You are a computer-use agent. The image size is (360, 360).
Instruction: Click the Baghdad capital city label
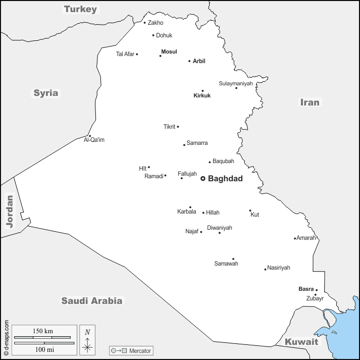click(x=225, y=179)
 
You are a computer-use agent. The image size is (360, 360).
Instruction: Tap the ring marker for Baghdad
click(x=203, y=178)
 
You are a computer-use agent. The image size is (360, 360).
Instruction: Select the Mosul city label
click(x=169, y=52)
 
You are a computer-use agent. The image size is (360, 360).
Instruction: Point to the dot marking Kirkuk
click(x=202, y=91)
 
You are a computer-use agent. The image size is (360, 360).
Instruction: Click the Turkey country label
click(x=80, y=9)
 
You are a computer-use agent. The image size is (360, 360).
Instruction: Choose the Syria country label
click(x=46, y=93)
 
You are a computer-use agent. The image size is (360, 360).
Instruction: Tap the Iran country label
click(x=310, y=102)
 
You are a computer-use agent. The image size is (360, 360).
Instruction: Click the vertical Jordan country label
click(x=9, y=211)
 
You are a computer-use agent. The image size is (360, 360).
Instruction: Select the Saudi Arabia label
click(x=92, y=301)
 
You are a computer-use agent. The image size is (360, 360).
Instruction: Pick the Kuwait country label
click(x=301, y=342)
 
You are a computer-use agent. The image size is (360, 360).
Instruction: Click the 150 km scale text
click(x=43, y=331)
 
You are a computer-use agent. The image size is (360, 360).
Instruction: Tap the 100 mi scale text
click(x=43, y=349)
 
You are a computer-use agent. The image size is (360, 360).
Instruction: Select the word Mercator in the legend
click(x=140, y=350)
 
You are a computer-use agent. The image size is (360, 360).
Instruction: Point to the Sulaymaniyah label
click(x=235, y=83)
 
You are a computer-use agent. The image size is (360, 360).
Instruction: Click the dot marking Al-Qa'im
click(x=90, y=136)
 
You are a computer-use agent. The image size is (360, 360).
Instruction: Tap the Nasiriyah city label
click(x=279, y=268)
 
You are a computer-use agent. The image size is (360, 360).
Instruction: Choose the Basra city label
click(x=306, y=289)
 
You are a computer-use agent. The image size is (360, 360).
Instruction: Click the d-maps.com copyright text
click(x=6, y=338)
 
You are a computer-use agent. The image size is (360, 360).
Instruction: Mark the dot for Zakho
click(x=144, y=22)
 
